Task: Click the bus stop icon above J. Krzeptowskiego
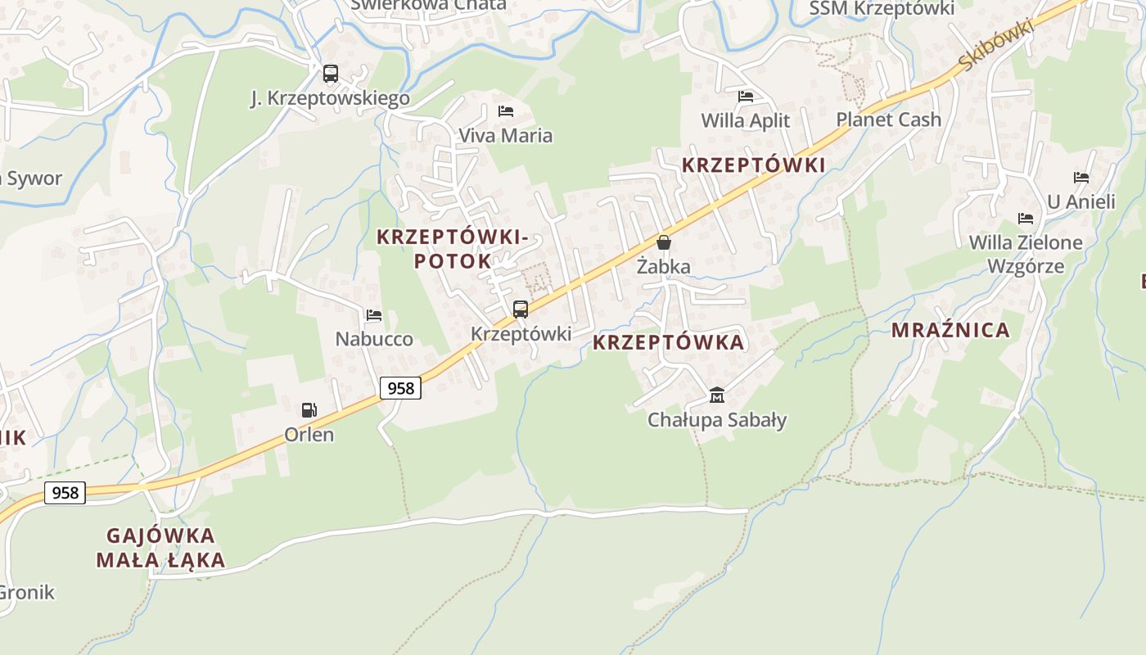pyautogui.click(x=330, y=74)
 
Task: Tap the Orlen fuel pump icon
pyautogui.click(x=309, y=410)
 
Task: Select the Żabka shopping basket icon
pyautogui.click(x=664, y=242)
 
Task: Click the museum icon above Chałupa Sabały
pyautogui.click(x=717, y=395)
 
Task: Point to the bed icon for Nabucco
pyautogui.click(x=374, y=314)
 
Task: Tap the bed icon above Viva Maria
pyautogui.click(x=506, y=111)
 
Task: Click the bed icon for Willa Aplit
pyautogui.click(x=745, y=97)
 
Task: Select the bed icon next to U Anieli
pyautogui.click(x=1081, y=177)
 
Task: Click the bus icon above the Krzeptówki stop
pyautogui.click(x=521, y=309)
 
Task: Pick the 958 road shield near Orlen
pyautogui.click(x=400, y=388)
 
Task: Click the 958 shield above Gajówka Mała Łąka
pyautogui.click(x=65, y=492)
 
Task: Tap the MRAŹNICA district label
pyautogui.click(x=950, y=331)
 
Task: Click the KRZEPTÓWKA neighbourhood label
pyautogui.click(x=668, y=342)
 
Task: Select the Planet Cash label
pyautogui.click(x=888, y=120)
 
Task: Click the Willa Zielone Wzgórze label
pyautogui.click(x=1026, y=254)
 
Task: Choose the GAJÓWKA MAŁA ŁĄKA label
pyautogui.click(x=160, y=548)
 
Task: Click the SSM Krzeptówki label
pyautogui.click(x=882, y=8)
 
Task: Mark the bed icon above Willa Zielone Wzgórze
pyautogui.click(x=1026, y=218)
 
